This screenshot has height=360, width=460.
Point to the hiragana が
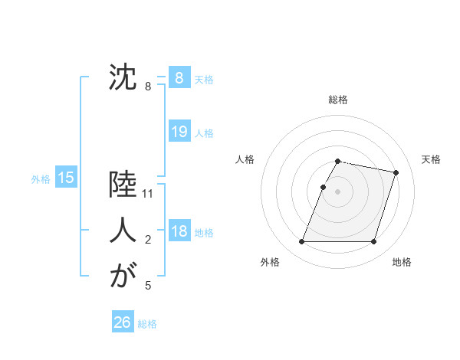pyautogui.click(x=123, y=275)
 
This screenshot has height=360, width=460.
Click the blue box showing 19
pyautogui.click(x=179, y=132)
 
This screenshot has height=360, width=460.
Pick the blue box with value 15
pyautogui.click(x=65, y=178)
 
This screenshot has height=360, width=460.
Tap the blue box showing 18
pyautogui.click(x=179, y=231)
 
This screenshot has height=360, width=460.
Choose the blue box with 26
pyautogui.click(x=122, y=322)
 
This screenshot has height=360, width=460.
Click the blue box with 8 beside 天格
pyautogui.click(x=179, y=77)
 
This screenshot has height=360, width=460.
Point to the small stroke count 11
pyautogui.click(x=149, y=195)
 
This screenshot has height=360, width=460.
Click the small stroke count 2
pyautogui.click(x=149, y=241)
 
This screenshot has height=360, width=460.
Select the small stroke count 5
pyautogui.click(x=149, y=286)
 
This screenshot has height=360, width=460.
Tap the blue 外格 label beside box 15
pyautogui.click(x=41, y=179)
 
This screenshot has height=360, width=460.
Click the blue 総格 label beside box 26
pyautogui.click(x=147, y=324)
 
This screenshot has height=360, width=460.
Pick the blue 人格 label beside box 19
pyautogui.click(x=204, y=133)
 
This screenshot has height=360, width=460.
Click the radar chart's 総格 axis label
pyautogui.click(x=337, y=100)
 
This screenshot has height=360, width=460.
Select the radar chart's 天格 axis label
pyautogui.click(x=431, y=159)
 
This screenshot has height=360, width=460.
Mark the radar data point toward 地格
pyautogui.click(x=373, y=242)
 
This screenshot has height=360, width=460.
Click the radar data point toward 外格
pyautogui.click(x=301, y=242)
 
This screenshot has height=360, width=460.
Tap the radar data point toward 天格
pyautogui.click(x=396, y=173)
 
